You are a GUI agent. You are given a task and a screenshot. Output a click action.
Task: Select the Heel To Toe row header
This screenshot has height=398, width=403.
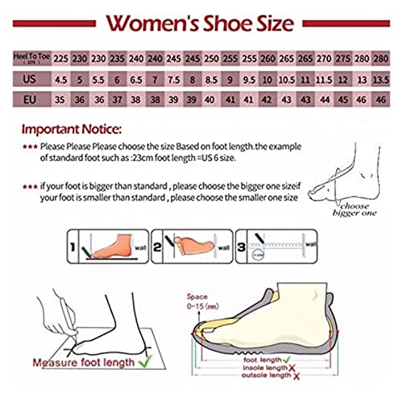(x=31, y=59)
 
